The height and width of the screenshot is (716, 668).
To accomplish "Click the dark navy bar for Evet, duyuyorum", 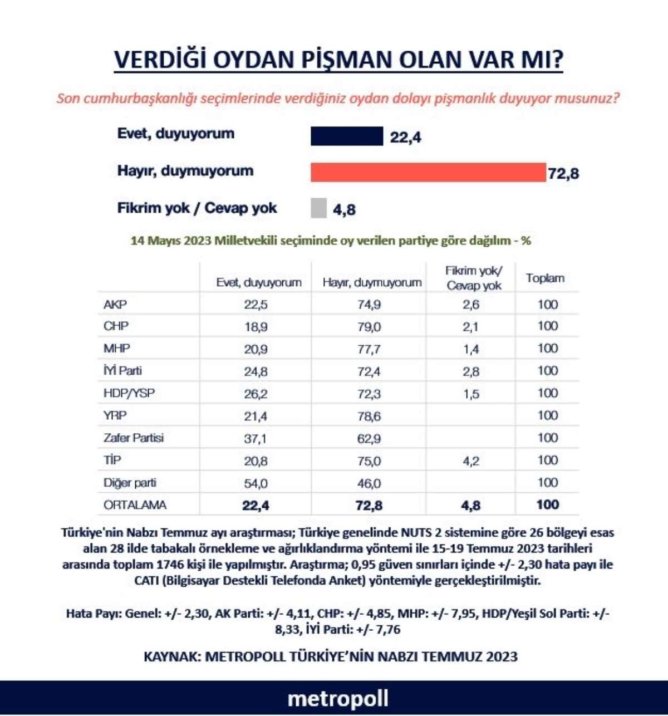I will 346,136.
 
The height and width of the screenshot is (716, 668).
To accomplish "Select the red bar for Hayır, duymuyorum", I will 428,173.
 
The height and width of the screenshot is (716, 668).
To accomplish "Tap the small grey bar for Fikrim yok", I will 318,208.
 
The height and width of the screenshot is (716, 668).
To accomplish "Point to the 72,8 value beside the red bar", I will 563,174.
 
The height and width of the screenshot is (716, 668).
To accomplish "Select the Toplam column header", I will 545,278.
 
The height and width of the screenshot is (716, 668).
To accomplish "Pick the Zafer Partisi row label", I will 134,438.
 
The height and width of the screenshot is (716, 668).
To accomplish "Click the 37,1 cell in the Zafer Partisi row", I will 256,439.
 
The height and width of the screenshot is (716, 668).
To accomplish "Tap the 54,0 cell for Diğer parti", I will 256,483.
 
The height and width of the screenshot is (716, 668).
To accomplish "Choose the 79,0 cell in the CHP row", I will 369,327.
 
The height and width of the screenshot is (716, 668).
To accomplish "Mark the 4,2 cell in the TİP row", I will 470,461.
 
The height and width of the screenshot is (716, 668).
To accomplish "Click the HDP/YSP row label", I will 129,393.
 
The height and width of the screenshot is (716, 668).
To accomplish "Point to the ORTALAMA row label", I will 135,505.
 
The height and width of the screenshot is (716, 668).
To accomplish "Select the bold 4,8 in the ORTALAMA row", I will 470,506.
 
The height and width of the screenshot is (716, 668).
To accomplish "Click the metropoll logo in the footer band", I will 337,699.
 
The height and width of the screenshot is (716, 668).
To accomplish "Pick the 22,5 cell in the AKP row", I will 256,305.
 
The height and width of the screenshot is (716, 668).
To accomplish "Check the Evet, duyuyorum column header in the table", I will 259,283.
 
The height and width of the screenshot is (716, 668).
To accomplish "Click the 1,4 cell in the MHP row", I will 470,349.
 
